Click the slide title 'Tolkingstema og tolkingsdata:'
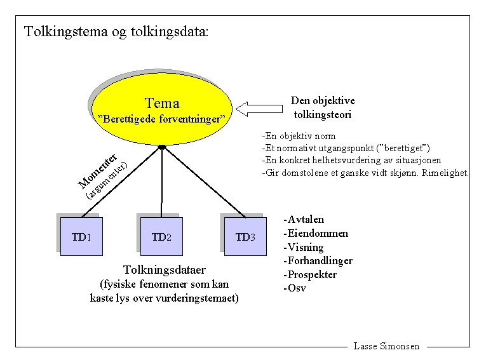click(x=116, y=31)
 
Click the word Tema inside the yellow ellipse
click(x=162, y=103)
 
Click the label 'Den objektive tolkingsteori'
click(x=322, y=108)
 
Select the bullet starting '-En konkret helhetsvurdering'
click(x=351, y=160)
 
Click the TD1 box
click(x=81, y=237)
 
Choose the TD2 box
click(x=161, y=237)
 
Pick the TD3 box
click(x=245, y=237)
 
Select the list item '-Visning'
click(x=304, y=247)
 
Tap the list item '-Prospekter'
click(x=310, y=275)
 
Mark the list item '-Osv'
click(x=295, y=288)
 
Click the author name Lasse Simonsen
click(x=386, y=346)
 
